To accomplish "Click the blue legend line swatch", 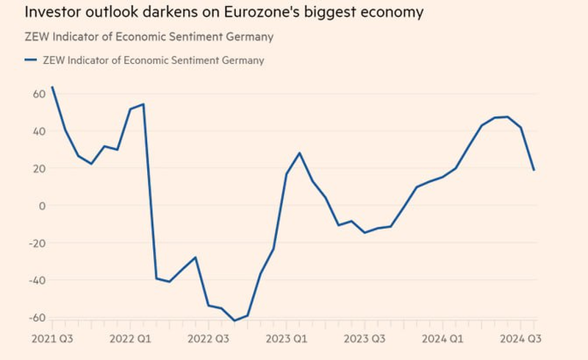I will point(30,60).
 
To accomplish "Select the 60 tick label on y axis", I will point(38,94).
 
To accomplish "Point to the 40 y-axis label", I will point(38,132).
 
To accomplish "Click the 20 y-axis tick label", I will point(38,168).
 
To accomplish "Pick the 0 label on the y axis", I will point(42,206).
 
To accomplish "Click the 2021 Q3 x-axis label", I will point(51,339).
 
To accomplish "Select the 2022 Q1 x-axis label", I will point(131,339).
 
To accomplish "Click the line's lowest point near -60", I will point(234,321).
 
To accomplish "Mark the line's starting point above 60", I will point(52,87).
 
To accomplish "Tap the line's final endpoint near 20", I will point(534,170).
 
